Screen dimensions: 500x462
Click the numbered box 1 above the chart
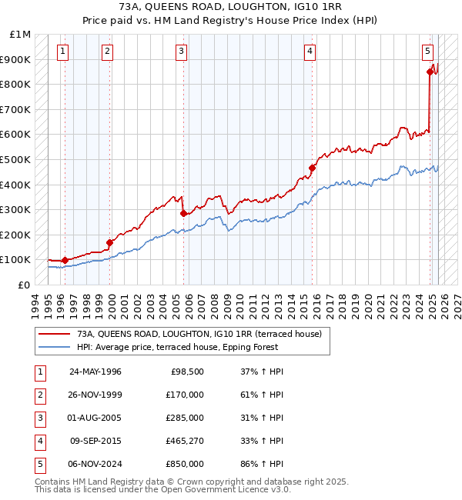point(62,52)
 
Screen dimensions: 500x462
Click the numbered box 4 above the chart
point(309,52)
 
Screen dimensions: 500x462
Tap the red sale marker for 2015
point(312,168)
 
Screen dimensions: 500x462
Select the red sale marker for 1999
point(110,242)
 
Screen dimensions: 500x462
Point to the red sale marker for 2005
point(183,214)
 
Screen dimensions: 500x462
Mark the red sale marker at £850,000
point(430,72)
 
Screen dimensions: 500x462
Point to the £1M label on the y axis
point(20,35)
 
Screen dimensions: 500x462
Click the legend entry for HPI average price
point(177,347)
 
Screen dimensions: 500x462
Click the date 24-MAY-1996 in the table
point(95,372)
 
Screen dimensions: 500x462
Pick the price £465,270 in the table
point(182,441)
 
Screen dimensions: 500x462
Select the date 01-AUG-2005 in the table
point(95,418)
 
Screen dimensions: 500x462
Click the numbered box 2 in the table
point(39,395)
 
